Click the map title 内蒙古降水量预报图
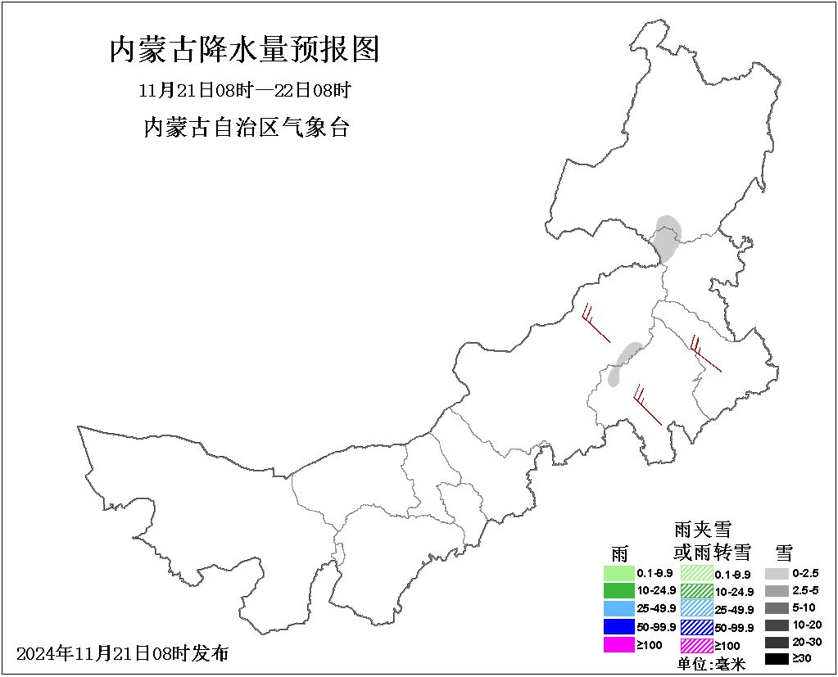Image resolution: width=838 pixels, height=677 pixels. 244,50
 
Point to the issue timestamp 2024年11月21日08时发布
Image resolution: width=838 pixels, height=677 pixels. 123,653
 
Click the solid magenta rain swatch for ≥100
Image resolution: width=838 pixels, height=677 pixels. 619,644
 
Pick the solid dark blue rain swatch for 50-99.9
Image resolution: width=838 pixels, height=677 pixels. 619,626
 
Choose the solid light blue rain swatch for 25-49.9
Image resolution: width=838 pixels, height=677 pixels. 619,608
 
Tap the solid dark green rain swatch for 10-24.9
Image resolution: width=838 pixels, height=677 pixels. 619,590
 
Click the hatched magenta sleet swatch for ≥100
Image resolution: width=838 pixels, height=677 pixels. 696,645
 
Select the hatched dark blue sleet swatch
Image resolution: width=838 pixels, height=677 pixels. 696,627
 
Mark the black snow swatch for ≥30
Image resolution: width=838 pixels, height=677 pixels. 777,659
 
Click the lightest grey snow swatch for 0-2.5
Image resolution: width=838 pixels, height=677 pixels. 777,574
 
